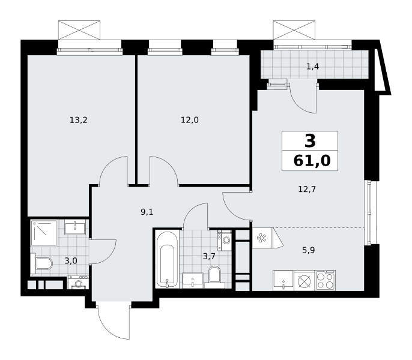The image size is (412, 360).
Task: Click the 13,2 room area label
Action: [x=78, y=120]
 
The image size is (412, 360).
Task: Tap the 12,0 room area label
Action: [x=189, y=120]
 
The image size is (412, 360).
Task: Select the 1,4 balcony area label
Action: [x=313, y=67]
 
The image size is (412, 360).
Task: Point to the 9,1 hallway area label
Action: [x=147, y=212]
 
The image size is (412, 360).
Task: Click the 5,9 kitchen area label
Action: [x=309, y=250]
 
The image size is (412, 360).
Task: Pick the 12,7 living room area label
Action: [x=307, y=189]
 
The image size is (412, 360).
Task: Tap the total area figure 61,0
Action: [x=312, y=161]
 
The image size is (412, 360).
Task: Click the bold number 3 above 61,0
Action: [x=310, y=141]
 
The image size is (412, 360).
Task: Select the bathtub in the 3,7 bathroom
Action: [x=167, y=259]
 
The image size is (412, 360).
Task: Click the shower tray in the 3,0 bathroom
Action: [x=44, y=233]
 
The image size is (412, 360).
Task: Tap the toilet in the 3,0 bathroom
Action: [x=42, y=263]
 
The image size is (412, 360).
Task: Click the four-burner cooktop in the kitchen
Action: [x=326, y=281]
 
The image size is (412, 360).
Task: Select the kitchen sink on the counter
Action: [x=283, y=281]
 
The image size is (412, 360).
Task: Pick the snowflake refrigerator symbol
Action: [x=261, y=238]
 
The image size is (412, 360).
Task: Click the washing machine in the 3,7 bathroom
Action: [x=225, y=240]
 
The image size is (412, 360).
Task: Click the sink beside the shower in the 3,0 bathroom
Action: [x=75, y=227]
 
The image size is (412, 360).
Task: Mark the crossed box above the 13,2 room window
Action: [x=79, y=30]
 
